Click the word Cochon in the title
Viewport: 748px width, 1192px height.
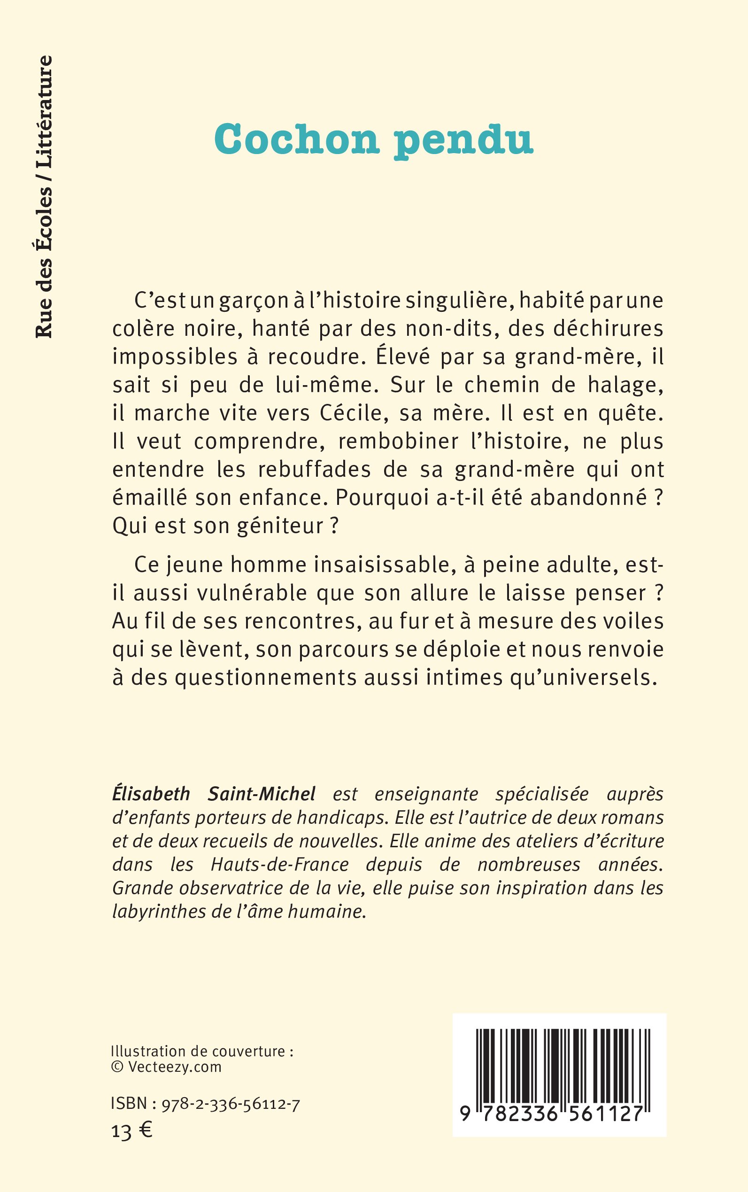pyautogui.click(x=296, y=139)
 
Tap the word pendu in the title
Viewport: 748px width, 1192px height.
pyautogui.click(x=463, y=141)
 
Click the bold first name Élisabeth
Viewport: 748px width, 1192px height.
pyautogui.click(x=151, y=794)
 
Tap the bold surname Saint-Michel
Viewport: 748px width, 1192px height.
pyautogui.click(x=262, y=794)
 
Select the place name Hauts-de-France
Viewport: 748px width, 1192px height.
pyautogui.click(x=280, y=865)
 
